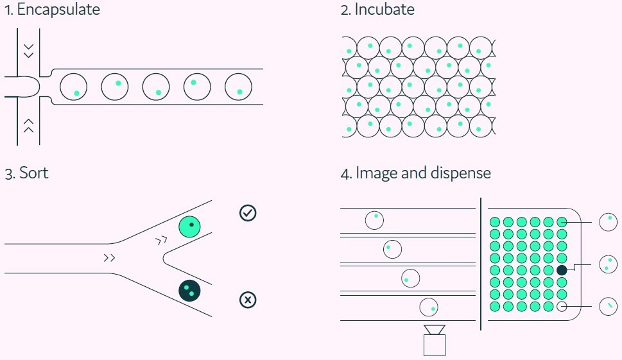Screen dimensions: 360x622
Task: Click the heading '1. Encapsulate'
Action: click(52, 10)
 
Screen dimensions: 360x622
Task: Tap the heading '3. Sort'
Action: click(26, 173)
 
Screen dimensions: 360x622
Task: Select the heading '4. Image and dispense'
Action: click(415, 173)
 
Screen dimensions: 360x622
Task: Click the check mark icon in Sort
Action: click(247, 213)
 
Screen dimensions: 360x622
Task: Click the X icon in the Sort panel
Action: click(247, 300)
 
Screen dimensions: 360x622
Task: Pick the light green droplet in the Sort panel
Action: click(190, 227)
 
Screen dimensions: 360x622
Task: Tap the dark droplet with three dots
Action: click(189, 291)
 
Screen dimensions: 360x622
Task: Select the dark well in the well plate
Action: click(562, 270)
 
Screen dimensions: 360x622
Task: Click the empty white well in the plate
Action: click(562, 306)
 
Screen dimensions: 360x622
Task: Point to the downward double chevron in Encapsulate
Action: click(28, 49)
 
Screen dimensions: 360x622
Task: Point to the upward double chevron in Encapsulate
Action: click(28, 124)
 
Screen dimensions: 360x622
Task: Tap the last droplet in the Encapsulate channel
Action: click(238, 87)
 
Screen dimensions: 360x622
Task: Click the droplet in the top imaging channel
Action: click(374, 220)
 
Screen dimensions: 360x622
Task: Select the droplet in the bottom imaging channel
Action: click(428, 307)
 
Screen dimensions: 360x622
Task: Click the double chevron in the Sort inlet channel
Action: click(110, 258)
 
